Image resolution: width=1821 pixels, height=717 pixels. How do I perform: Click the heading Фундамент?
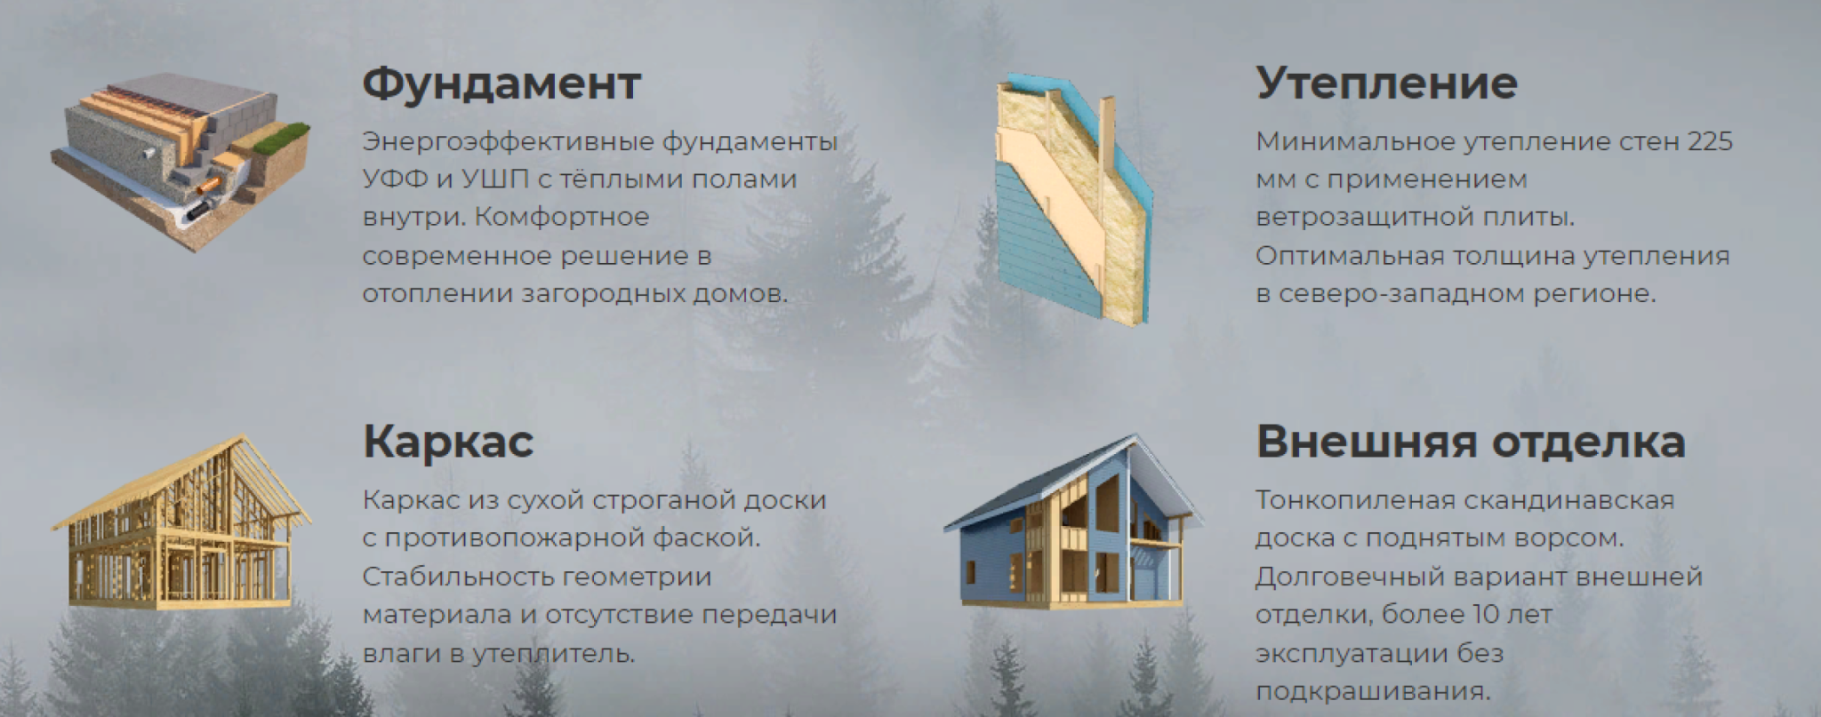tap(501, 84)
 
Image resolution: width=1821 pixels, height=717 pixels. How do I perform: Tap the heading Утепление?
tap(1386, 84)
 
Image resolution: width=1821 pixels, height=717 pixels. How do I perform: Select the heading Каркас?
tap(448, 442)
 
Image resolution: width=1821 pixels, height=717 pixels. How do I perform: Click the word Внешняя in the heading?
tap(1365, 442)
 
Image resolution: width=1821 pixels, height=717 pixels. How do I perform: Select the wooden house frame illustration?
tap(181, 522)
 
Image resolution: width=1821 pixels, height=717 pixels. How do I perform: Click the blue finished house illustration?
tap(1074, 522)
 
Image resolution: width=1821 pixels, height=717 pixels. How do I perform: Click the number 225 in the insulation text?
tap(1710, 141)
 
